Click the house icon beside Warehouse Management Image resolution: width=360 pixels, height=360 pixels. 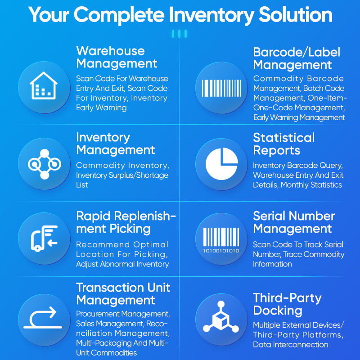43,86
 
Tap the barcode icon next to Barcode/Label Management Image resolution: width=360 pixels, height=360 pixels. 221,87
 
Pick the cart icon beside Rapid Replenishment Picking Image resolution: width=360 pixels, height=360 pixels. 43,238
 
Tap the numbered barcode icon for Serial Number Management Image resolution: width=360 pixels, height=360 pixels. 221,238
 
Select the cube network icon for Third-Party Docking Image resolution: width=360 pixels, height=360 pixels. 221,320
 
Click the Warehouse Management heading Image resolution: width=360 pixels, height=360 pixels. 117,57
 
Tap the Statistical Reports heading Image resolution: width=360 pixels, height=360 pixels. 283,144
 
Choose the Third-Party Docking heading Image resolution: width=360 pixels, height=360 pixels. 287,304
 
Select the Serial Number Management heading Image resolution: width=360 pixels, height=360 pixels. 294,222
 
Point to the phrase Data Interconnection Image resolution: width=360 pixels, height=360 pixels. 290,345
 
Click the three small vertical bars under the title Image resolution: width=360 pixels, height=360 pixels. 180,34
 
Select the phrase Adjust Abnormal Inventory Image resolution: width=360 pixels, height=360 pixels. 122,264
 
